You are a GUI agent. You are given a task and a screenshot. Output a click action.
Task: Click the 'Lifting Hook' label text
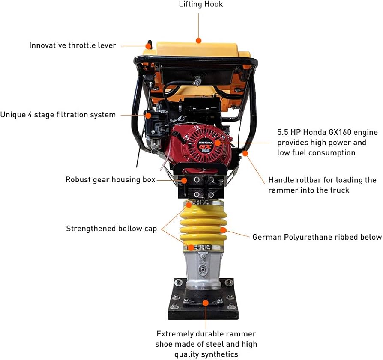pos(200,5)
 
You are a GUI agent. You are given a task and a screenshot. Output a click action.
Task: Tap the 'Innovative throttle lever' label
pos(72,45)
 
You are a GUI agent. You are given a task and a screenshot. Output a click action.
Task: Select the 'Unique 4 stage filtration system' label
pos(58,115)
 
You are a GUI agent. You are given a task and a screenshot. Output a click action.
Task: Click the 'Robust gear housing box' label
pos(110,180)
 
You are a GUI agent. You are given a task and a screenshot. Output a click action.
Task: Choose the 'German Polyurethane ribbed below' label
pos(317,237)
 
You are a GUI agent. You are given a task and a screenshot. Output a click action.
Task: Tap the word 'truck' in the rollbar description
pos(338,190)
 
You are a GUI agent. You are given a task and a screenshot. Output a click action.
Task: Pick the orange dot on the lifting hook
pos(198,41)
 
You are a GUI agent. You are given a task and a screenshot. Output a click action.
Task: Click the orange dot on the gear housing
pos(184,180)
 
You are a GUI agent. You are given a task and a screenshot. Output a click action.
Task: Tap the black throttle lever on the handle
pos(149,45)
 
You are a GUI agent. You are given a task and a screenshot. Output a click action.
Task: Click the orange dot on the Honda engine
pos(218,143)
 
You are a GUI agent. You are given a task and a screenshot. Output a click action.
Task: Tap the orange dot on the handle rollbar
pos(245,153)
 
